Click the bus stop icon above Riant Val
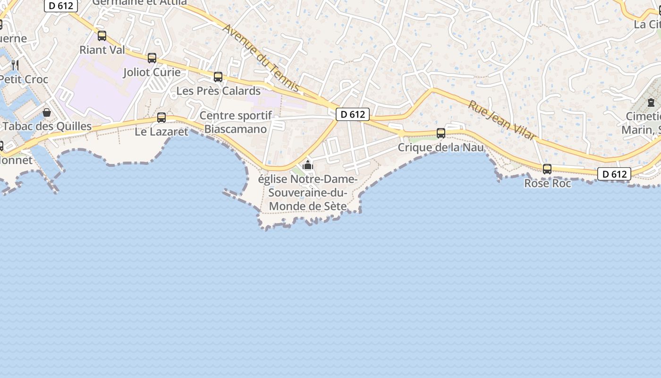[102, 36]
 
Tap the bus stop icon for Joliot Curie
[152, 58]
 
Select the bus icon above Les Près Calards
[218, 77]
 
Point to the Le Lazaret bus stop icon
[161, 118]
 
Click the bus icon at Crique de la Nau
[441, 133]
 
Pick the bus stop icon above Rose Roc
[547, 169]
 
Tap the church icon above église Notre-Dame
[308, 165]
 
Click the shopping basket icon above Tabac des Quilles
[47, 112]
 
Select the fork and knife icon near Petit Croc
[15, 64]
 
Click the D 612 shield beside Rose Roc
[614, 174]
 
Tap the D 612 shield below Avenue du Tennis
[353, 114]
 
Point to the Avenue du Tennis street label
[261, 57]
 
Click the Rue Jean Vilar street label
[502, 120]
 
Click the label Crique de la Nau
[441, 147]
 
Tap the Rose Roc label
[548, 183]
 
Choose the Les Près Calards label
[219, 91]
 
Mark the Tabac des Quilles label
[47, 126]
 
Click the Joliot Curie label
[152, 72]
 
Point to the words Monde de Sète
[308, 206]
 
